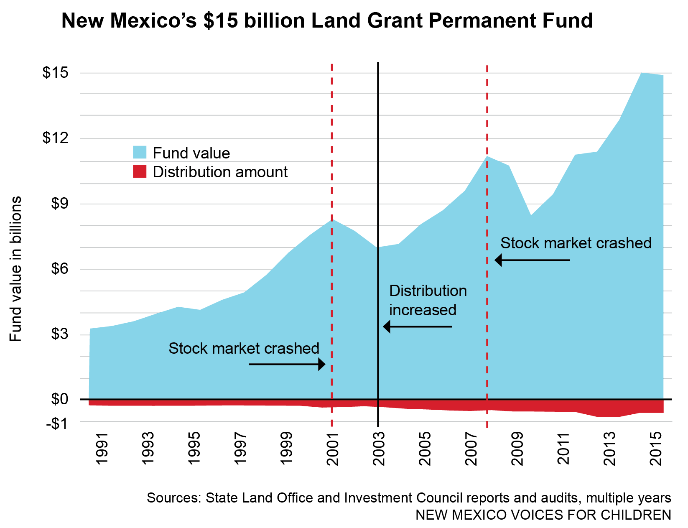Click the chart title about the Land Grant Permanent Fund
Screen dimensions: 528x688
tap(327, 21)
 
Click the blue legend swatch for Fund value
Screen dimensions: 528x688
tap(140, 152)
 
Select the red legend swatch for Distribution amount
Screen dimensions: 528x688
tap(140, 171)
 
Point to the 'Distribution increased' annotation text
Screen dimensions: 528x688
tap(427, 300)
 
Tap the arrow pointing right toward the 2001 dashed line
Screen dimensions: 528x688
tap(287, 364)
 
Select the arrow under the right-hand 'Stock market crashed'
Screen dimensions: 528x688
tap(532, 260)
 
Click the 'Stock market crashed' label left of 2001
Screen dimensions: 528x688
tap(244, 348)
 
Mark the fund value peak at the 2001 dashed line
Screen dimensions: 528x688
tap(332, 219)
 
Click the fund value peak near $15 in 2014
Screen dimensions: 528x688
tap(642, 73)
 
